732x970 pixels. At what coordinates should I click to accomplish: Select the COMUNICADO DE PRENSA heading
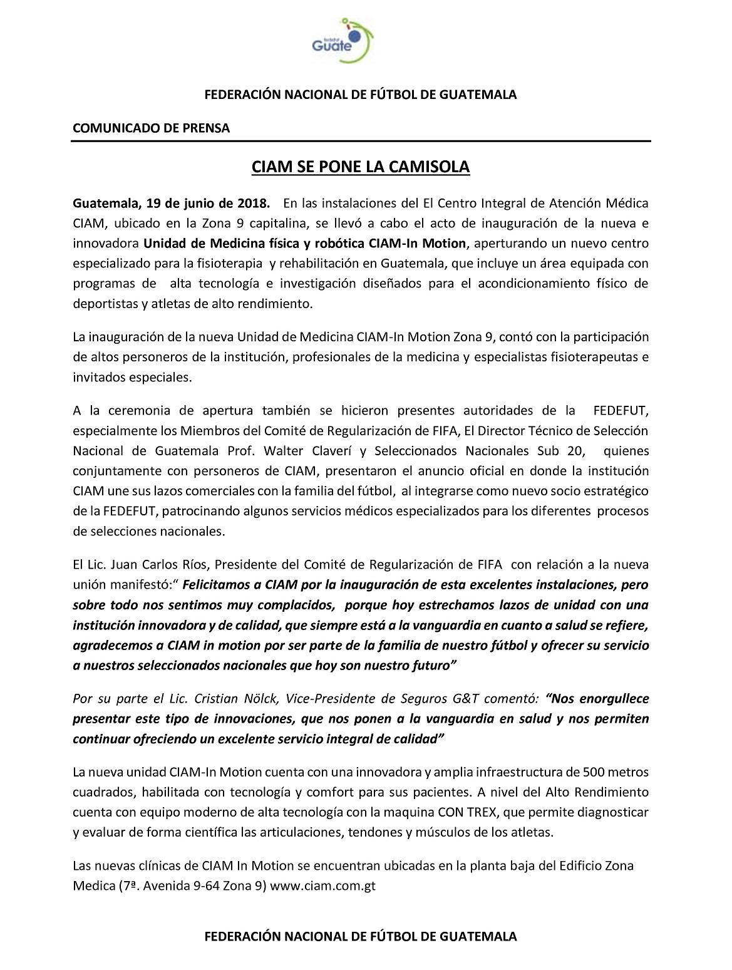(152, 128)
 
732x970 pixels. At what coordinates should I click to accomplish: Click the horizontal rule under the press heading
(362, 141)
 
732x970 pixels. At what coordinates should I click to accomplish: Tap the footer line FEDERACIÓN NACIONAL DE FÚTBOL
(361, 937)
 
